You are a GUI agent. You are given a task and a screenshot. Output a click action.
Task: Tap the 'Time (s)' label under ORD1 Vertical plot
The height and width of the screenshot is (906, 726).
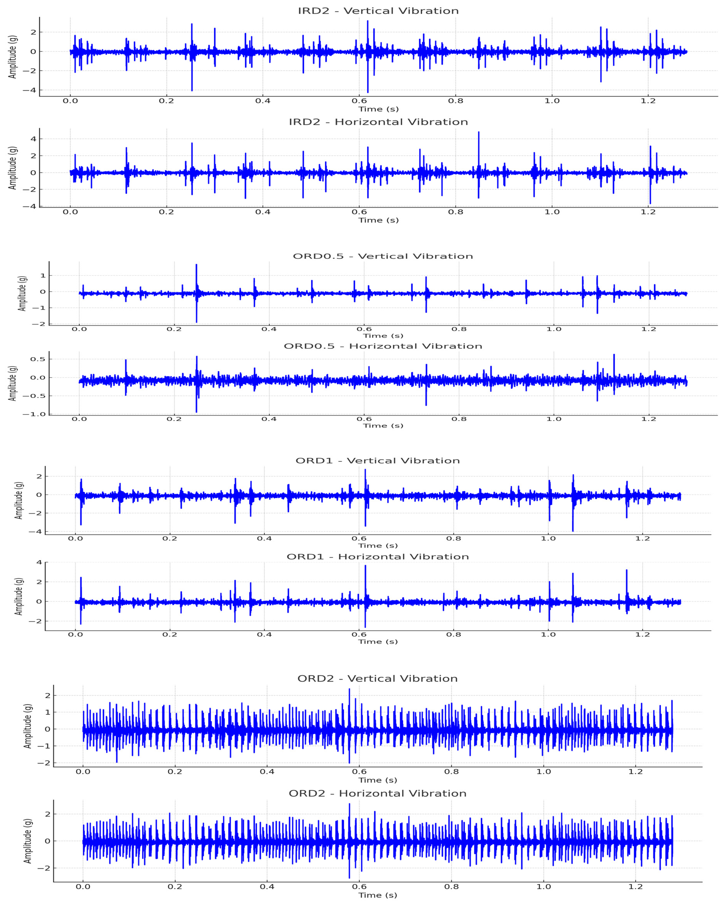click(377, 545)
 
